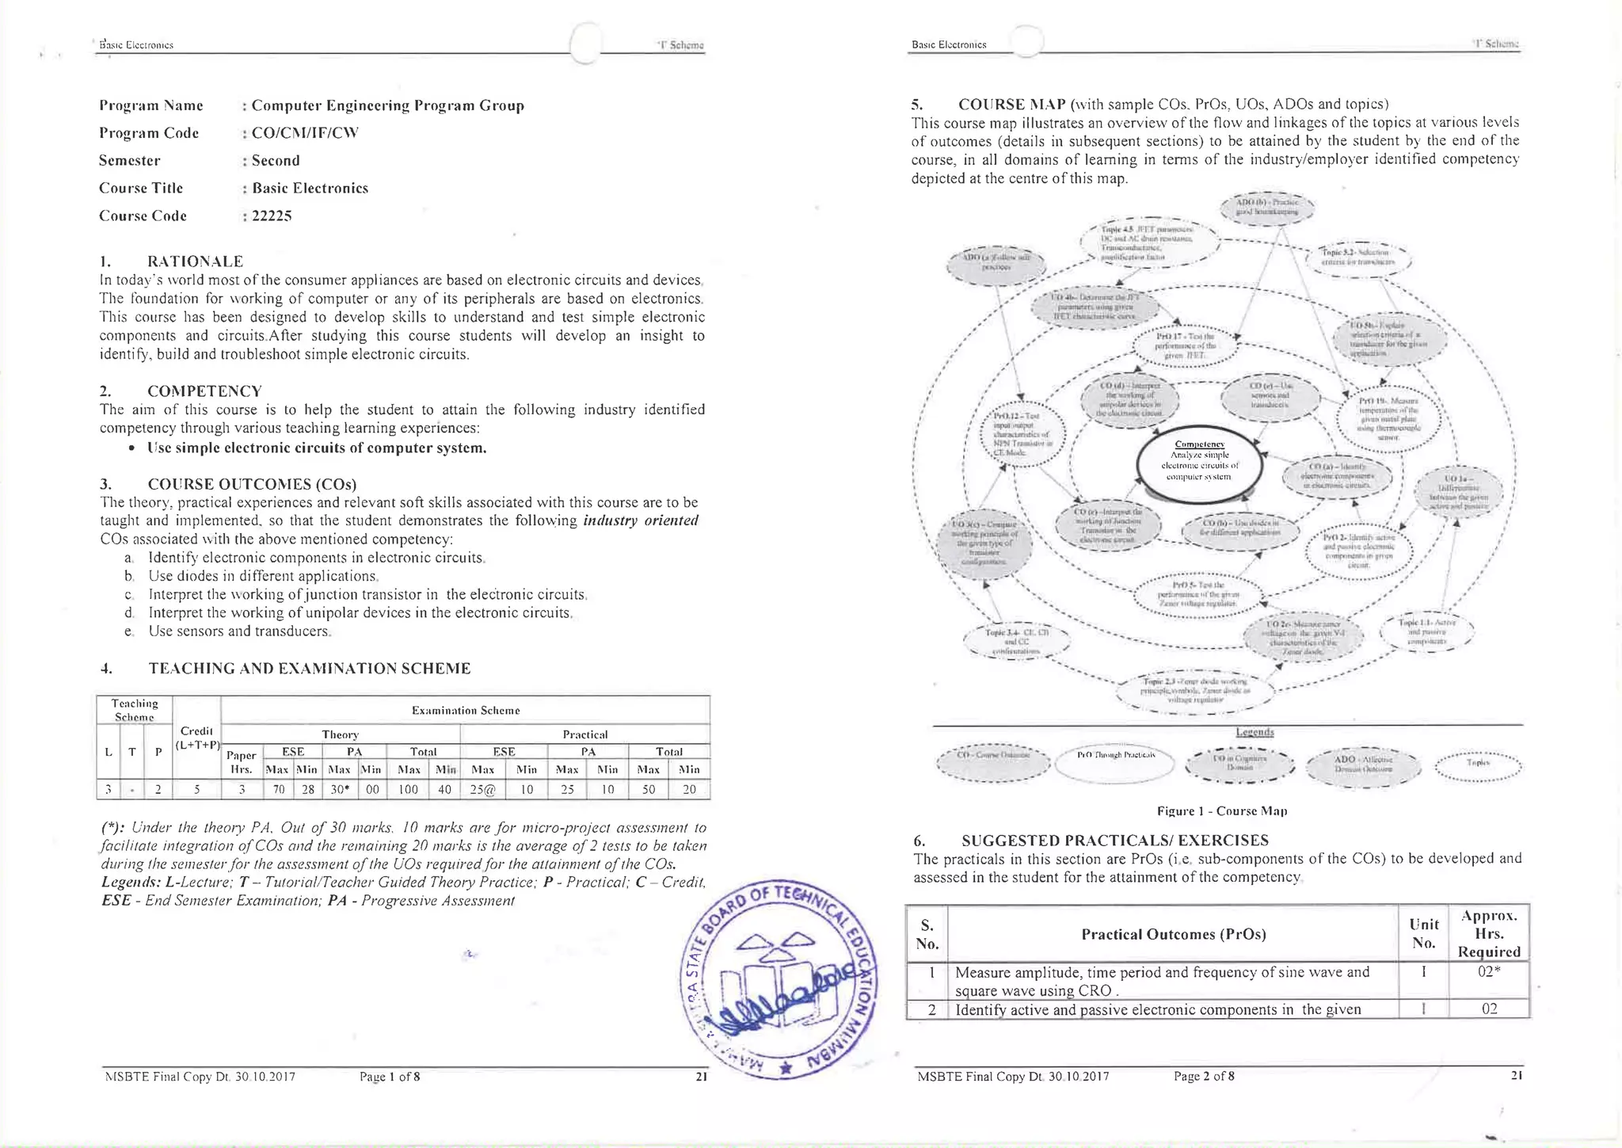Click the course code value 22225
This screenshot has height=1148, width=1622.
point(272,215)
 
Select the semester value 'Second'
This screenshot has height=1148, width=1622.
point(276,160)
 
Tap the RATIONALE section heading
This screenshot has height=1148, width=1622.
point(195,261)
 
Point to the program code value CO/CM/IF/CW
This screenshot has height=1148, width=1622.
point(305,132)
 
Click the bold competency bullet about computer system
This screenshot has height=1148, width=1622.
point(317,448)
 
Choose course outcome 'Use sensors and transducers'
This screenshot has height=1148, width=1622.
point(238,631)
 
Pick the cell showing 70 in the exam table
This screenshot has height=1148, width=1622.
point(278,789)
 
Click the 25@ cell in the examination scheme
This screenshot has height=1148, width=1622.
point(483,789)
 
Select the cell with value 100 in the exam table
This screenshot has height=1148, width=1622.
point(408,789)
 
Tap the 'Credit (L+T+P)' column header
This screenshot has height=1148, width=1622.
point(196,737)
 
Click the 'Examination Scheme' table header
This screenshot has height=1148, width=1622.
point(466,710)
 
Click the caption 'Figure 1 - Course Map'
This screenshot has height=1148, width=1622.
point(1221,810)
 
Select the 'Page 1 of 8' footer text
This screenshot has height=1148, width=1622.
point(390,1076)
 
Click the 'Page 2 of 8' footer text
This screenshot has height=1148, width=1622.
point(1204,1076)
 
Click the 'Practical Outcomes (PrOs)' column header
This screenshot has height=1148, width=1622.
point(1174,934)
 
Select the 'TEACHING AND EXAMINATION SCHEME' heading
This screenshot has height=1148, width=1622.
point(309,669)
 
